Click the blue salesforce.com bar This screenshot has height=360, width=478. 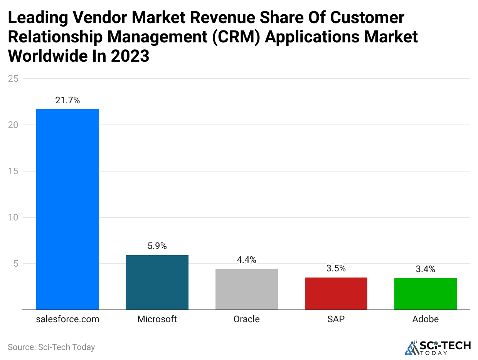[67, 209]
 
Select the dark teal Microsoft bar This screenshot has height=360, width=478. [157, 282]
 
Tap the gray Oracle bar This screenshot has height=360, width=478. [247, 289]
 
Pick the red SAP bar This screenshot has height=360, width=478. [336, 293]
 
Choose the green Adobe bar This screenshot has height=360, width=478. [426, 294]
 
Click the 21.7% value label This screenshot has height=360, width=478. [67, 101]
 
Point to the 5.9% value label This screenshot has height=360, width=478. [157, 246]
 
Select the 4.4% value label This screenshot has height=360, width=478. [247, 260]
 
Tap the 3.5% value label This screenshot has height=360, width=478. [336, 269]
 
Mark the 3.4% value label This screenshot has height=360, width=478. [426, 269]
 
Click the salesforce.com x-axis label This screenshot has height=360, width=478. [67, 319]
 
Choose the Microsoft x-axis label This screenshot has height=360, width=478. [157, 319]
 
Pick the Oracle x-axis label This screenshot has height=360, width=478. [247, 319]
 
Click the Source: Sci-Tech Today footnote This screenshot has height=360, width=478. [51, 347]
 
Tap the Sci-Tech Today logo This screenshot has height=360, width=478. [438, 347]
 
